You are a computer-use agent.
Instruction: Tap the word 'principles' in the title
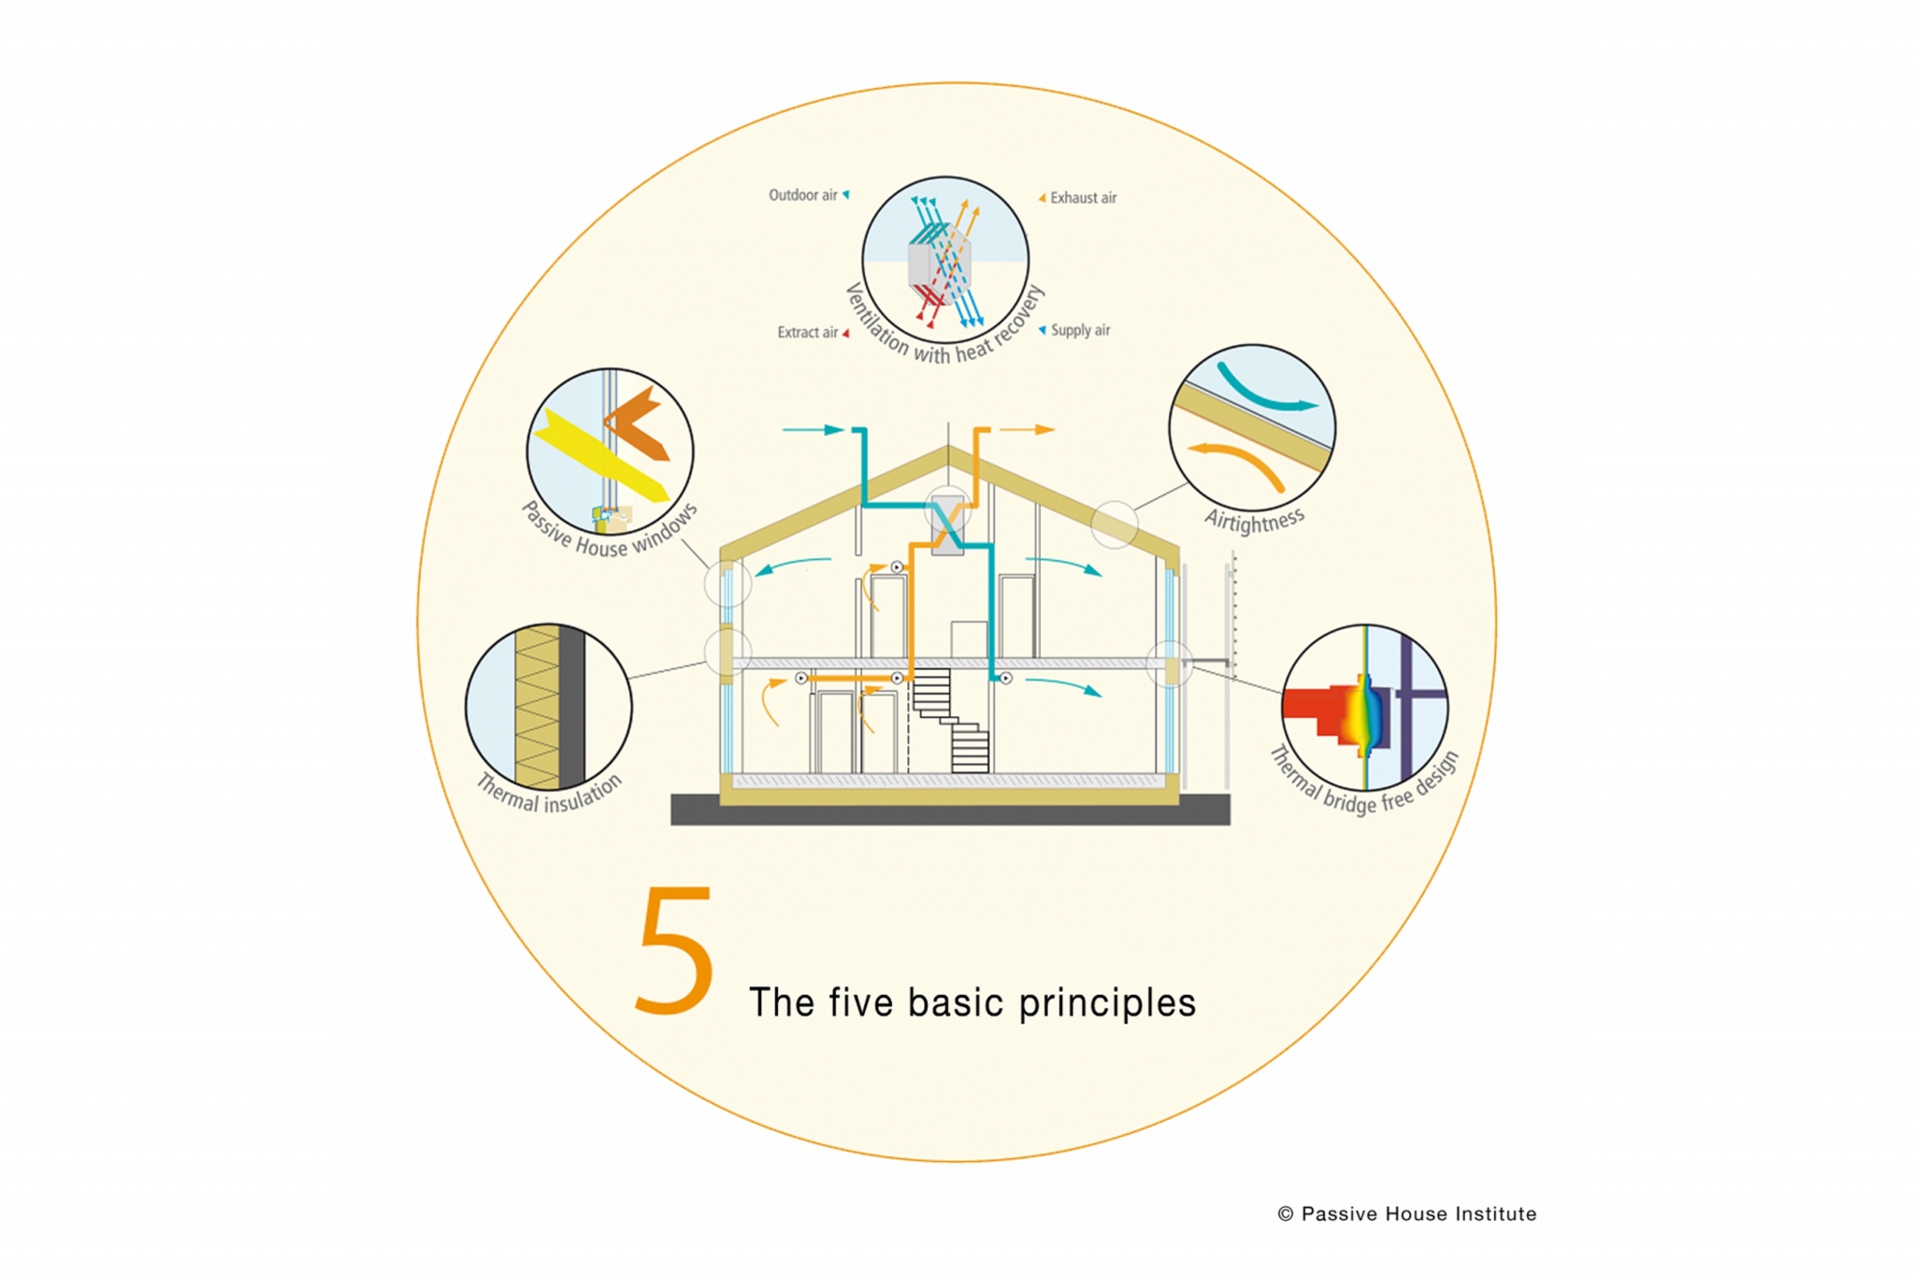click(x=1107, y=1004)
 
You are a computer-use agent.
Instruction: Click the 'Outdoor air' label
click(x=802, y=195)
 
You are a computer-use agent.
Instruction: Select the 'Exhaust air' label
click(x=1083, y=198)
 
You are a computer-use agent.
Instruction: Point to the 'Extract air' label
click(x=807, y=333)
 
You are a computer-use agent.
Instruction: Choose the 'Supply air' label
click(x=1080, y=330)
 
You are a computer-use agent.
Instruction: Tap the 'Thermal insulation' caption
click(x=549, y=794)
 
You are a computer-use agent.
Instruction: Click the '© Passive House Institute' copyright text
click(x=1406, y=1213)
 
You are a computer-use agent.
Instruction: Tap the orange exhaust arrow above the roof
click(x=1028, y=430)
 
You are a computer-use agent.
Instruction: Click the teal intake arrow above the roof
click(x=814, y=430)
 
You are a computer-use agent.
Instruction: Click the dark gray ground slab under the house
click(x=950, y=811)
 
